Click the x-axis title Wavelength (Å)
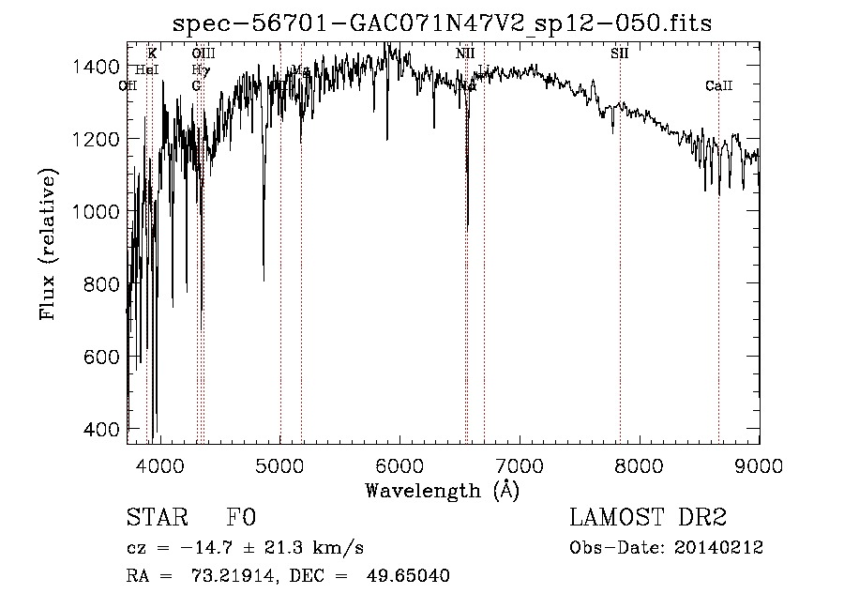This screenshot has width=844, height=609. coord(442,489)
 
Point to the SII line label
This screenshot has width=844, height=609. coord(620,53)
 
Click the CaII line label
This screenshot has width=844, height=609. coord(718,86)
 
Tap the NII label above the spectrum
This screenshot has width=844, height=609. coord(465,53)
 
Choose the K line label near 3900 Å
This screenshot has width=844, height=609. coord(152,53)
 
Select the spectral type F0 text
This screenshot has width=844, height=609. coord(240,519)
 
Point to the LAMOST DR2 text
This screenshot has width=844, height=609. coord(648,519)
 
